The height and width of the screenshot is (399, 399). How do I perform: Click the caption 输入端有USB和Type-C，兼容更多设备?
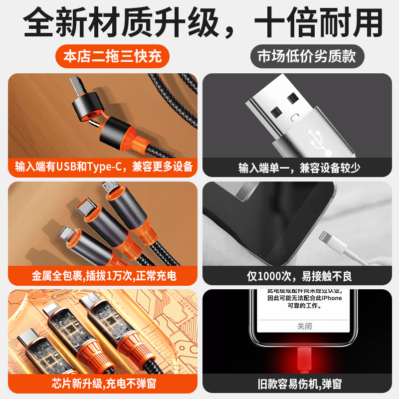[104, 167]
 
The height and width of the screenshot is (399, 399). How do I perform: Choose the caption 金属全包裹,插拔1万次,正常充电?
[104, 275]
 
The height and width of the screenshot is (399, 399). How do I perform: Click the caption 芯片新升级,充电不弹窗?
[104, 384]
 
